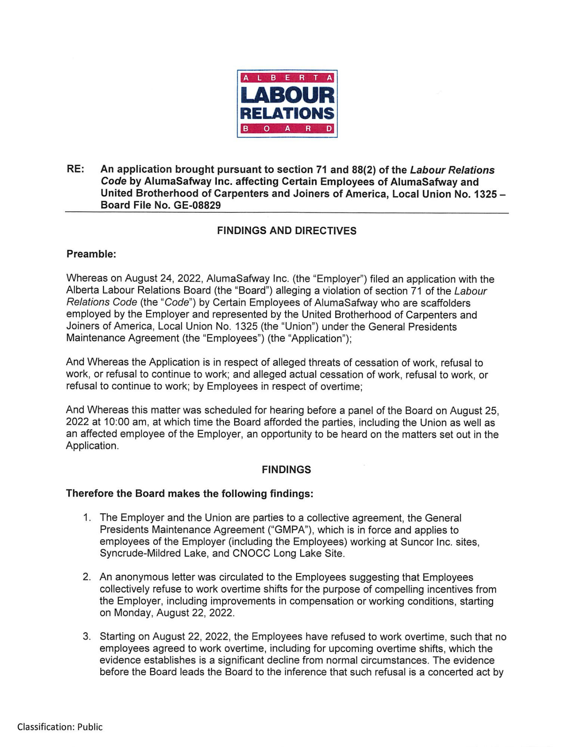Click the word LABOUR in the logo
click(x=287, y=95)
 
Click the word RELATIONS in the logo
click(x=287, y=113)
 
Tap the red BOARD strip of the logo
click(x=287, y=129)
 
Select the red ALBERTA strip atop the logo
click(x=287, y=78)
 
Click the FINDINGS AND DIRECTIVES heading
click(x=287, y=231)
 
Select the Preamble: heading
click(x=91, y=254)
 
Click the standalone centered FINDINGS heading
click(x=286, y=470)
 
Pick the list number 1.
click(x=87, y=518)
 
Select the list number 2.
click(x=87, y=577)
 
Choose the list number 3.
click(x=87, y=636)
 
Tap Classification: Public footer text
click(x=60, y=727)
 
